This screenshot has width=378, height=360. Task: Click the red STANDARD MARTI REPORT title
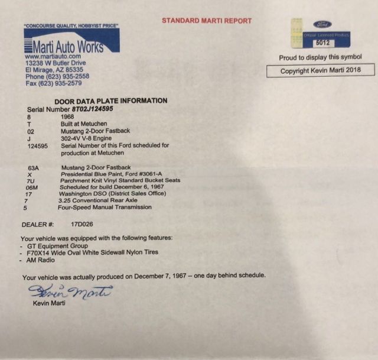coord(207,21)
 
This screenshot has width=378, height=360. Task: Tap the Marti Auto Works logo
coord(64,43)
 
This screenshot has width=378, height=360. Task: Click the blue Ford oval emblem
coord(322,25)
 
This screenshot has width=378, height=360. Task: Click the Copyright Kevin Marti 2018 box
coord(320,70)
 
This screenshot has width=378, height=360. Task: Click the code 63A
coord(35,168)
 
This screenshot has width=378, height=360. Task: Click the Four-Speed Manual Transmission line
coord(105,207)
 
